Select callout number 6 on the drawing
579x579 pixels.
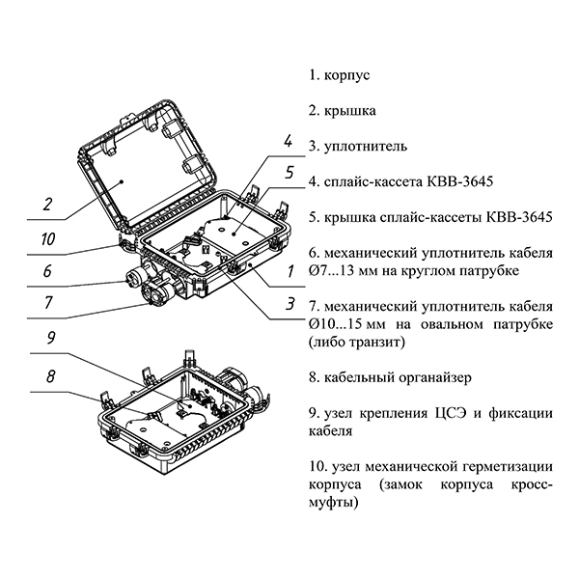point(46,271)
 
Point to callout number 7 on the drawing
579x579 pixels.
point(46,304)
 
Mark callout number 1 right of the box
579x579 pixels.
point(289,271)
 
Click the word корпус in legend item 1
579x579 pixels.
point(347,74)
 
